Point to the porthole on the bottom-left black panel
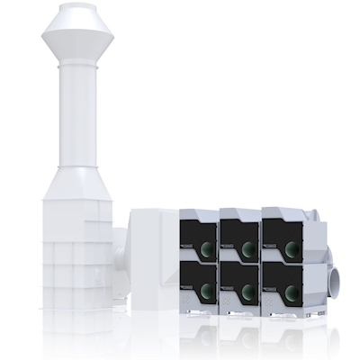(x=206, y=291)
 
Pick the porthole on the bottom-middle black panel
(x=247, y=291)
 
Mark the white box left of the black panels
(x=155, y=261)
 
